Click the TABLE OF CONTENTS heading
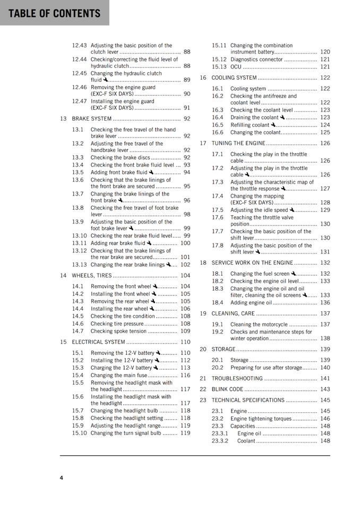(x=54, y=13)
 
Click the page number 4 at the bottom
(x=62, y=478)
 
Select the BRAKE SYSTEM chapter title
(x=92, y=119)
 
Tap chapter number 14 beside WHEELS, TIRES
(x=63, y=276)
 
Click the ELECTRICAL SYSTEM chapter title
(x=99, y=342)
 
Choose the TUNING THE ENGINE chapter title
(x=238, y=143)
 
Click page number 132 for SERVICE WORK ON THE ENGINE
(x=325, y=263)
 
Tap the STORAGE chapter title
(x=224, y=349)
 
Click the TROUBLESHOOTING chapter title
(x=237, y=379)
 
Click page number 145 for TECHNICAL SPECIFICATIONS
(x=325, y=400)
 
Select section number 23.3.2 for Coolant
(x=220, y=441)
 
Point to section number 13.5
(x=78, y=172)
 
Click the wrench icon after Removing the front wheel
(x=155, y=286)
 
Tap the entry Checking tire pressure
(x=117, y=324)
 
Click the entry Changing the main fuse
(x=119, y=375)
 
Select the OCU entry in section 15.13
(x=236, y=67)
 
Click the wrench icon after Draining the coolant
(x=282, y=117)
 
